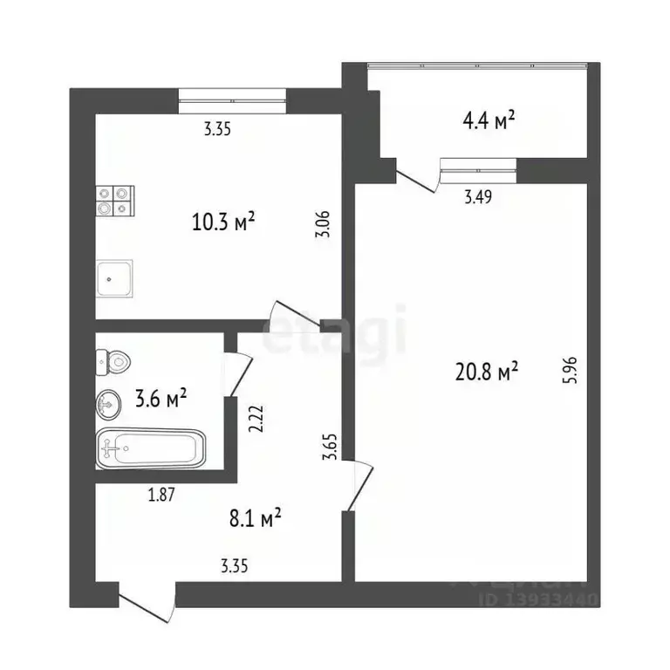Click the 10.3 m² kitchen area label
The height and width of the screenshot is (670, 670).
(x=222, y=222)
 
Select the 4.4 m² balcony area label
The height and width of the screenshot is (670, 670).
(x=487, y=122)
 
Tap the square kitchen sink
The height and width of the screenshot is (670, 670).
(x=114, y=278)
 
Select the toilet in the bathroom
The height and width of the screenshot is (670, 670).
(x=113, y=359)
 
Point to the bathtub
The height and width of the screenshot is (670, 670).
(x=150, y=449)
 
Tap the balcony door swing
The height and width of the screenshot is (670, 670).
(x=417, y=177)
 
